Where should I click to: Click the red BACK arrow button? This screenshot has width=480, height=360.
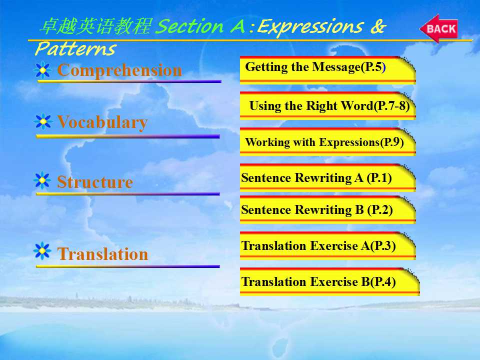point(438,28)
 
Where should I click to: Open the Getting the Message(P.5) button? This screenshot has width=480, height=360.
point(327,70)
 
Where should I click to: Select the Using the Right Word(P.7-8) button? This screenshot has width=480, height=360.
point(327,105)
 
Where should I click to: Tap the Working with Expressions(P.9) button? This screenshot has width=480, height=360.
point(327,141)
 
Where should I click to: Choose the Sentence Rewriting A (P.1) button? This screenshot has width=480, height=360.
point(327,177)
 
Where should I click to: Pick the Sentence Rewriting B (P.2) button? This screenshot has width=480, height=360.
point(327,209)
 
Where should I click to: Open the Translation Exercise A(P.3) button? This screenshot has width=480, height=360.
point(327,246)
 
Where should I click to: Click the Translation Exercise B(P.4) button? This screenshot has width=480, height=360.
point(329,281)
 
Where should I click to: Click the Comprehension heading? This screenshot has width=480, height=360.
point(119,70)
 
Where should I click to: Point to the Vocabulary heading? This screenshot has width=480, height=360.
point(102,122)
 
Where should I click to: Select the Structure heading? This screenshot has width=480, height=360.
point(95,182)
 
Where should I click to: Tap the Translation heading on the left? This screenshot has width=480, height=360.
point(102,254)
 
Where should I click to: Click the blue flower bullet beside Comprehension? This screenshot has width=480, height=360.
point(42,70)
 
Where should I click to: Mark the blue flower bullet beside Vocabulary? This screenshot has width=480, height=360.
point(43,121)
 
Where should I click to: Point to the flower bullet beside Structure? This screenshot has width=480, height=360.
point(42,180)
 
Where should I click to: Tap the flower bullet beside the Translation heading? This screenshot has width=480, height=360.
point(42,251)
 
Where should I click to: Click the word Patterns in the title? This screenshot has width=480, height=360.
point(75,49)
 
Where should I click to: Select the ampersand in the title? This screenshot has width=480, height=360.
point(378,26)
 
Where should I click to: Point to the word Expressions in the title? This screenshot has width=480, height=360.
point(310,27)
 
